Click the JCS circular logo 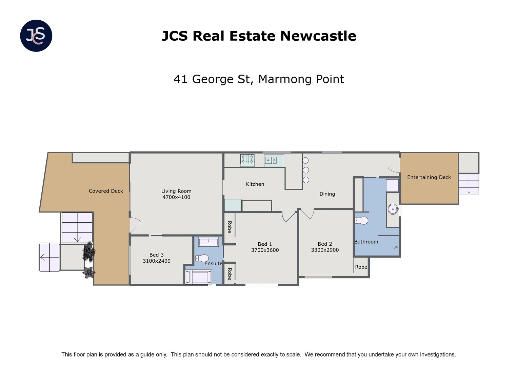[x=36, y=36]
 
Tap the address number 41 [x=180, y=79]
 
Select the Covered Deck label [x=106, y=191]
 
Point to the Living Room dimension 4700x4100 [x=176, y=197]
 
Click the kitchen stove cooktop [x=247, y=160]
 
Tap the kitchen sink [x=270, y=160]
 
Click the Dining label [x=327, y=194]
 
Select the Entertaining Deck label [x=429, y=177]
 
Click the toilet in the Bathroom [x=361, y=221]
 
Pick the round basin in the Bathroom [x=393, y=209]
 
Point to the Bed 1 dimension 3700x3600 [x=265, y=250]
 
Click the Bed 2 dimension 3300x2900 [x=325, y=250]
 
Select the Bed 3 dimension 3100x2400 [x=156, y=261]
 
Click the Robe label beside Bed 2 [x=361, y=267]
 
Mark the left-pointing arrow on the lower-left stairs [x=43, y=257]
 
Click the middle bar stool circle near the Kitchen [x=306, y=170]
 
